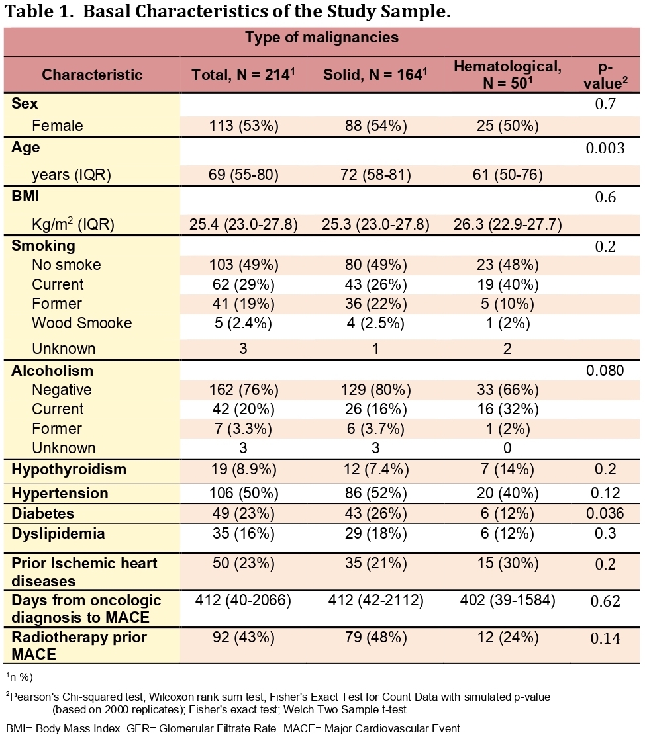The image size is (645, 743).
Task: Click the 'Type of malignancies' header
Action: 322,38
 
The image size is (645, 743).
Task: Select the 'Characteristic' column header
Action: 92,75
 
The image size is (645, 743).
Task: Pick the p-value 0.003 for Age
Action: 605,148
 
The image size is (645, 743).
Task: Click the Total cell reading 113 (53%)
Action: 243,126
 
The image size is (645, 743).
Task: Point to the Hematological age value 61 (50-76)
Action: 507,175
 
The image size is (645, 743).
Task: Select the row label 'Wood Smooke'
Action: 81,323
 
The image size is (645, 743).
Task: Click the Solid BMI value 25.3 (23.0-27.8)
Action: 375,224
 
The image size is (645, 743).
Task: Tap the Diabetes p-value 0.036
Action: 605,513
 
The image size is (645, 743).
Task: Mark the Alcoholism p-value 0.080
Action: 605,371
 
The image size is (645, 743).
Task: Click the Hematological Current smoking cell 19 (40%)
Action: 507,284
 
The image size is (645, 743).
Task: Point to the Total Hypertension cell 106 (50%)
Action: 243,493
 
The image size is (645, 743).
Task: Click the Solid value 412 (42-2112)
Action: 375,601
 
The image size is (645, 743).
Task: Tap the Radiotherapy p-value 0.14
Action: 605,638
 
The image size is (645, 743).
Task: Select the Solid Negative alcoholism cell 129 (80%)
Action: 375,390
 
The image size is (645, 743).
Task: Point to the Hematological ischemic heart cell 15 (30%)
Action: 507,563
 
